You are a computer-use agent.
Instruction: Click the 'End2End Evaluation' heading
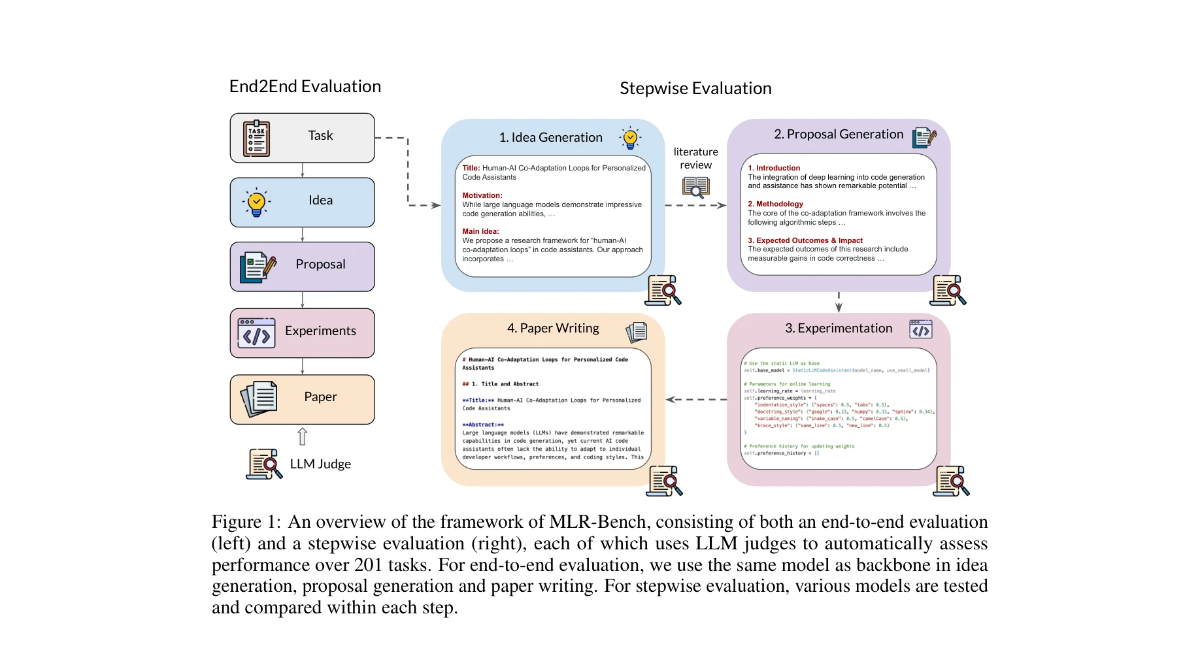[x=305, y=87]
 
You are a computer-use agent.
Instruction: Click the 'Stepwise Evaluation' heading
[x=695, y=88]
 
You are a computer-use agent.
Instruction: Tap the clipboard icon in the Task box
[x=256, y=138]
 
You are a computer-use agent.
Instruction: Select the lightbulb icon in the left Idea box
[x=256, y=202]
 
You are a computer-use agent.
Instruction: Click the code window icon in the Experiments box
[x=256, y=333]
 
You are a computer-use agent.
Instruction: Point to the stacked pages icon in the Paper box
[x=259, y=398]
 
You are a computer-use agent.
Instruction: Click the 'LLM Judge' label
[x=320, y=464]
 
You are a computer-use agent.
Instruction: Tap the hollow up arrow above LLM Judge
[x=302, y=436]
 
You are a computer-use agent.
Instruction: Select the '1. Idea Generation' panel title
[x=550, y=137]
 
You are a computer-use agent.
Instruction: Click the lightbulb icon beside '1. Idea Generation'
[x=630, y=138]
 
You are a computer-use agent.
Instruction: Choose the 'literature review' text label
[x=695, y=158]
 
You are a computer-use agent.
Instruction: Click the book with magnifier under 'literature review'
[x=695, y=187]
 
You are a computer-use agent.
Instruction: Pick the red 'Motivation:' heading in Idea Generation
[x=482, y=195]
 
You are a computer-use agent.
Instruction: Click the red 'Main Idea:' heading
[x=480, y=231]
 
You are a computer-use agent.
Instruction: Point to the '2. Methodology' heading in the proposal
[x=775, y=204]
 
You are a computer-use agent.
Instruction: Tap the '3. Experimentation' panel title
[x=839, y=328]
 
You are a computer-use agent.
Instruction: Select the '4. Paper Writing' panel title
[x=553, y=328]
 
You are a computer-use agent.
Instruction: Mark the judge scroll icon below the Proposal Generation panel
[x=948, y=290]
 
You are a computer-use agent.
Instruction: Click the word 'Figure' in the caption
[x=237, y=522]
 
